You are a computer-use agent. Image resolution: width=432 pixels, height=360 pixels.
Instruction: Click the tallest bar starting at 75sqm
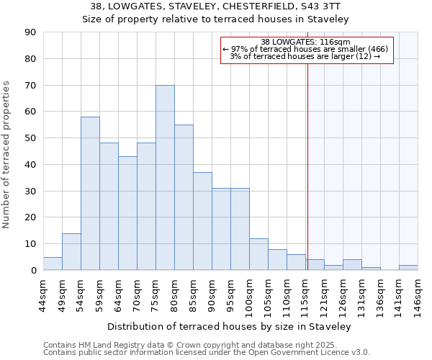point(165,178)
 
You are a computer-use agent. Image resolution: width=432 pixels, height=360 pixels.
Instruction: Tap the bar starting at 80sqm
point(184,197)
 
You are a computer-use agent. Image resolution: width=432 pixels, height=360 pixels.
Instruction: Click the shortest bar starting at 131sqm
point(371,269)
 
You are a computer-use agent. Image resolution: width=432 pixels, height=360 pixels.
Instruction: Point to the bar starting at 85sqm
point(202,221)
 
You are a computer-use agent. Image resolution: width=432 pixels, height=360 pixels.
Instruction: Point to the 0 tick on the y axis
point(33,271)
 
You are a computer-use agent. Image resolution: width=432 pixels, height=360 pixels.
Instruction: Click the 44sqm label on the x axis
point(43,294)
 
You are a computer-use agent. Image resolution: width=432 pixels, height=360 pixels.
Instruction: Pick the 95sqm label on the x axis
point(230,294)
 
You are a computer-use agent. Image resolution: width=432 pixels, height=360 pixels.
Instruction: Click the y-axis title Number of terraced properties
point(8,155)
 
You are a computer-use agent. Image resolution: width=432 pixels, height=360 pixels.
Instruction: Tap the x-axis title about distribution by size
point(230,326)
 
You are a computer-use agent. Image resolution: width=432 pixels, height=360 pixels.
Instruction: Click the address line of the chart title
point(215,6)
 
